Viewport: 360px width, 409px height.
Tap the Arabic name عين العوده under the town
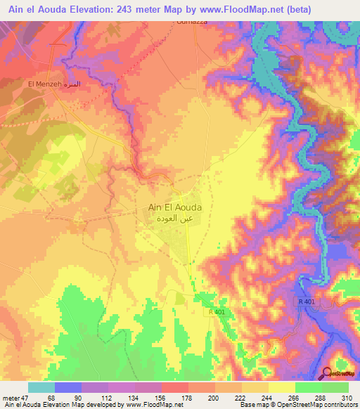[x=175, y=219]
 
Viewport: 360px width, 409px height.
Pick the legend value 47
[x=25, y=398]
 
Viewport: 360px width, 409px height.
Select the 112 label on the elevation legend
[x=108, y=398]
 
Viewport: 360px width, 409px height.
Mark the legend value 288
[x=321, y=398]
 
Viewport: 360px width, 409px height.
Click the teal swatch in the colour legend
[x=41, y=387]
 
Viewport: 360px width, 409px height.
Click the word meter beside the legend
[x=10, y=398]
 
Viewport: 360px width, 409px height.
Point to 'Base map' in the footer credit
[x=253, y=405]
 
